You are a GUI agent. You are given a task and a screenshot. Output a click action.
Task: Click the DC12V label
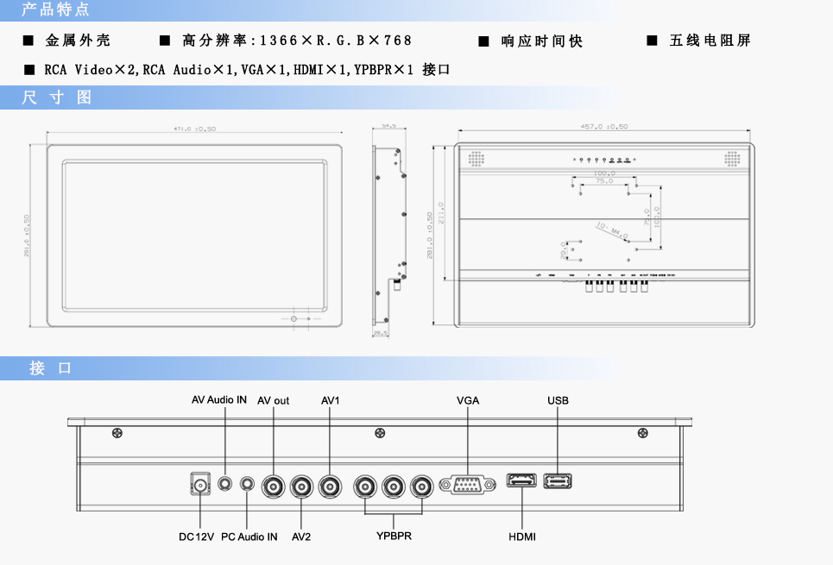(x=196, y=537)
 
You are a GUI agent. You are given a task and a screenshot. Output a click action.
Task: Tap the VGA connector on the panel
(x=467, y=485)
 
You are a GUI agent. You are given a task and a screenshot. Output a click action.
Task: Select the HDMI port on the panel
(x=521, y=482)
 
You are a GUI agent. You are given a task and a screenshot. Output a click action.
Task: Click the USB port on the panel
(x=558, y=481)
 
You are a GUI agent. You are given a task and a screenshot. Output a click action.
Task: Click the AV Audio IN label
(x=219, y=400)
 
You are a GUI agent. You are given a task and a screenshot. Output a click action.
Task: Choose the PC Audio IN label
(x=249, y=537)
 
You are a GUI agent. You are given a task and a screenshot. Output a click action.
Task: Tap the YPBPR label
(x=394, y=537)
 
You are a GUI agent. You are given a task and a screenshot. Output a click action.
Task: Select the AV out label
(x=274, y=400)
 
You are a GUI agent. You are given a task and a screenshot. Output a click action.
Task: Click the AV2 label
(x=301, y=537)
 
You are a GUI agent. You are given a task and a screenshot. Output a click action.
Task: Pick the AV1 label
(x=331, y=400)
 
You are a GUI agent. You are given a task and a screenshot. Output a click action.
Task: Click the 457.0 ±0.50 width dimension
(x=604, y=128)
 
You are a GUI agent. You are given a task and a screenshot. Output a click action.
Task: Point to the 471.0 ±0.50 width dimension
(x=194, y=129)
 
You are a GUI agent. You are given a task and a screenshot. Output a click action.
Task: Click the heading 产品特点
(x=55, y=10)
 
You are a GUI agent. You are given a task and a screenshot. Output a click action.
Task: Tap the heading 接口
(x=51, y=368)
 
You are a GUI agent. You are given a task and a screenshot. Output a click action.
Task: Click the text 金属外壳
(x=78, y=41)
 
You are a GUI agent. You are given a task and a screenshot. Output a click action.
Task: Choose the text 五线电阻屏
(x=710, y=41)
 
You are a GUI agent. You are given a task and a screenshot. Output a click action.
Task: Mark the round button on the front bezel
(x=294, y=319)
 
